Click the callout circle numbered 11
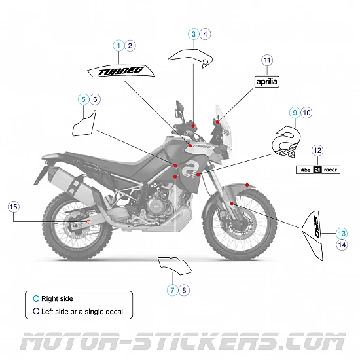[x=266, y=60]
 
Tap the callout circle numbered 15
[x=14, y=207]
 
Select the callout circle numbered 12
[x=317, y=151]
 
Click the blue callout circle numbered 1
[x=118, y=45]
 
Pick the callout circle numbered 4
[x=206, y=33]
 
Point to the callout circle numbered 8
[x=184, y=290]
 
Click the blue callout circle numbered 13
[x=342, y=233]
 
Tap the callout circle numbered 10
[x=307, y=113]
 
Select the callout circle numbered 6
[x=96, y=99]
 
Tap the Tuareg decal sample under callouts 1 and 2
[x=122, y=69]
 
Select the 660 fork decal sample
[x=314, y=227]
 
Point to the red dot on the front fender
[x=246, y=186]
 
